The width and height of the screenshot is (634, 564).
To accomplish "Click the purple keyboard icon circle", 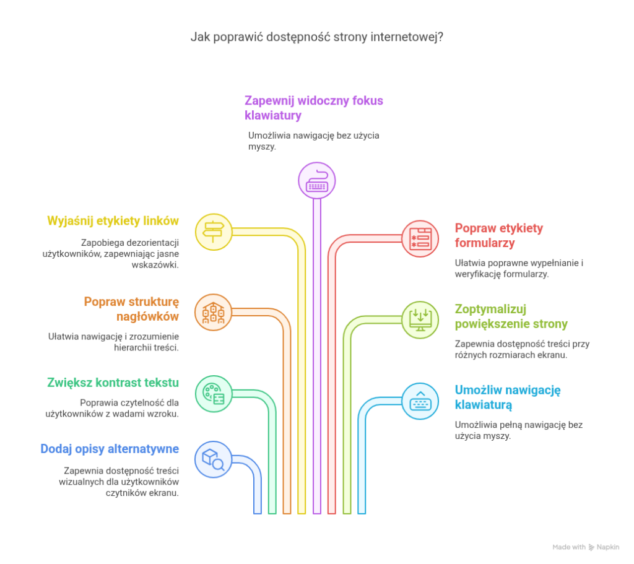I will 316,181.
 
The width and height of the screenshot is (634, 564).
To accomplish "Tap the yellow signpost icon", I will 214,232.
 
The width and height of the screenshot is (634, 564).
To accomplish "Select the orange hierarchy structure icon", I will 214,313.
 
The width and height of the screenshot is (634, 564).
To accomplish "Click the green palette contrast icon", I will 214,393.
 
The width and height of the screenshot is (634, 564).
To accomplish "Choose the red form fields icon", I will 420,239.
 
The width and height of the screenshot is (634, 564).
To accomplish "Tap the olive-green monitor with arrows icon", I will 420,320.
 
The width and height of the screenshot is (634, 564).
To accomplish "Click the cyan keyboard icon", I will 420,401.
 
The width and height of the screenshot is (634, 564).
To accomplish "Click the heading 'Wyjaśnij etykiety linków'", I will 113,221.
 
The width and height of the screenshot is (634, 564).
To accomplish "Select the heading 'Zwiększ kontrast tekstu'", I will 113,383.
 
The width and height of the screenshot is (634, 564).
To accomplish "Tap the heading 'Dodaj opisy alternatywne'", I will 110,449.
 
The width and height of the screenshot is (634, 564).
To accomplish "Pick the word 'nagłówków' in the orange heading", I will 147,317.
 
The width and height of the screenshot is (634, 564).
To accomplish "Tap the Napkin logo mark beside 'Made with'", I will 592,547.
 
